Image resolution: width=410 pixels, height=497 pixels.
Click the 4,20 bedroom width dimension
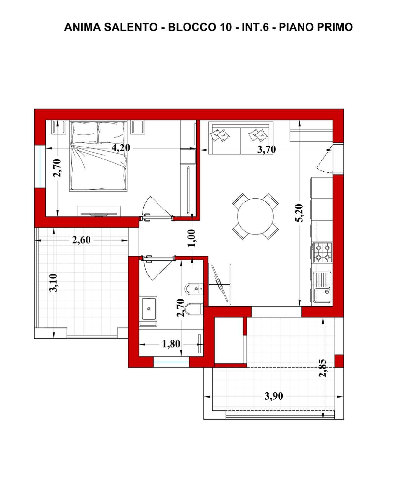(121, 148)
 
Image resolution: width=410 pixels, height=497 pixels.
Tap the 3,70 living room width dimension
(266, 149)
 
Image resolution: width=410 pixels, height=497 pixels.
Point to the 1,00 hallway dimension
(191, 238)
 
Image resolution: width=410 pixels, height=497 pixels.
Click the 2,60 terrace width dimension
(81, 240)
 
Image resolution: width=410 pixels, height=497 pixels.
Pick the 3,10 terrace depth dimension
(53, 283)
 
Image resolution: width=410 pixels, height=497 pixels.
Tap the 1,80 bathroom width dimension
(171, 344)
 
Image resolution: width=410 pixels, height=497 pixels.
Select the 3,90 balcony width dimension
(274, 396)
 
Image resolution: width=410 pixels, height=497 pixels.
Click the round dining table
(255, 216)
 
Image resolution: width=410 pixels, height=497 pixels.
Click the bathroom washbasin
(149, 309)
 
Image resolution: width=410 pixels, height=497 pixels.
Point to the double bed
(98, 156)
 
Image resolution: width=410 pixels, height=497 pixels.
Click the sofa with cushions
(241, 138)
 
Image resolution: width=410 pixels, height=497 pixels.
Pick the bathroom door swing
(158, 268)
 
